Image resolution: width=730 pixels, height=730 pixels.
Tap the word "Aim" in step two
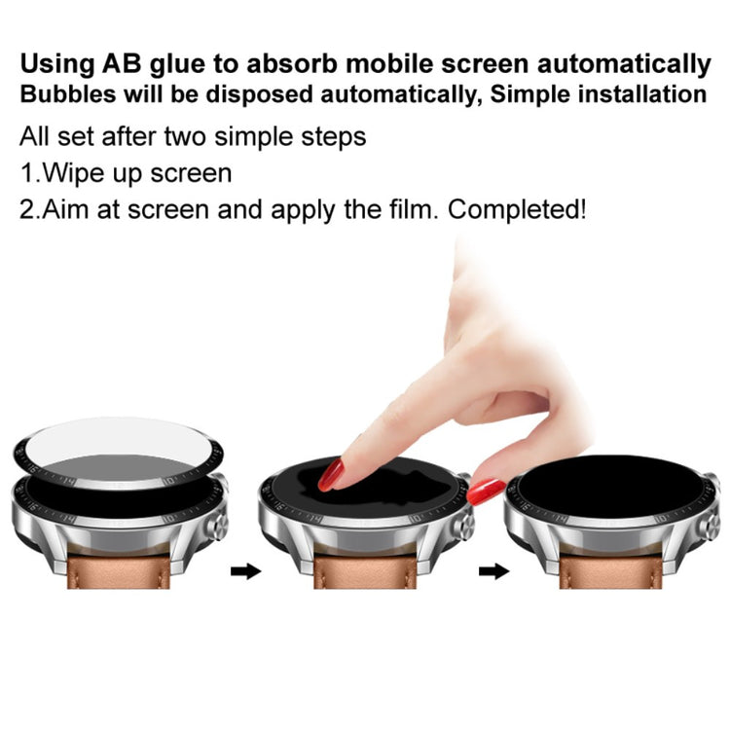point(66,209)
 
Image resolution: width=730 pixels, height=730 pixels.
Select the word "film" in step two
point(401,209)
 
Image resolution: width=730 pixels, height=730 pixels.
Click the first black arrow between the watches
point(246,571)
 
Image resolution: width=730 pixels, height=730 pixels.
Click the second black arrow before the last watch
point(494,571)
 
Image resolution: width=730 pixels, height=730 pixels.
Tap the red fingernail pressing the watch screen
point(331,474)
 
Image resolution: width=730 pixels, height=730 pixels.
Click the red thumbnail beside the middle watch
point(485,492)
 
